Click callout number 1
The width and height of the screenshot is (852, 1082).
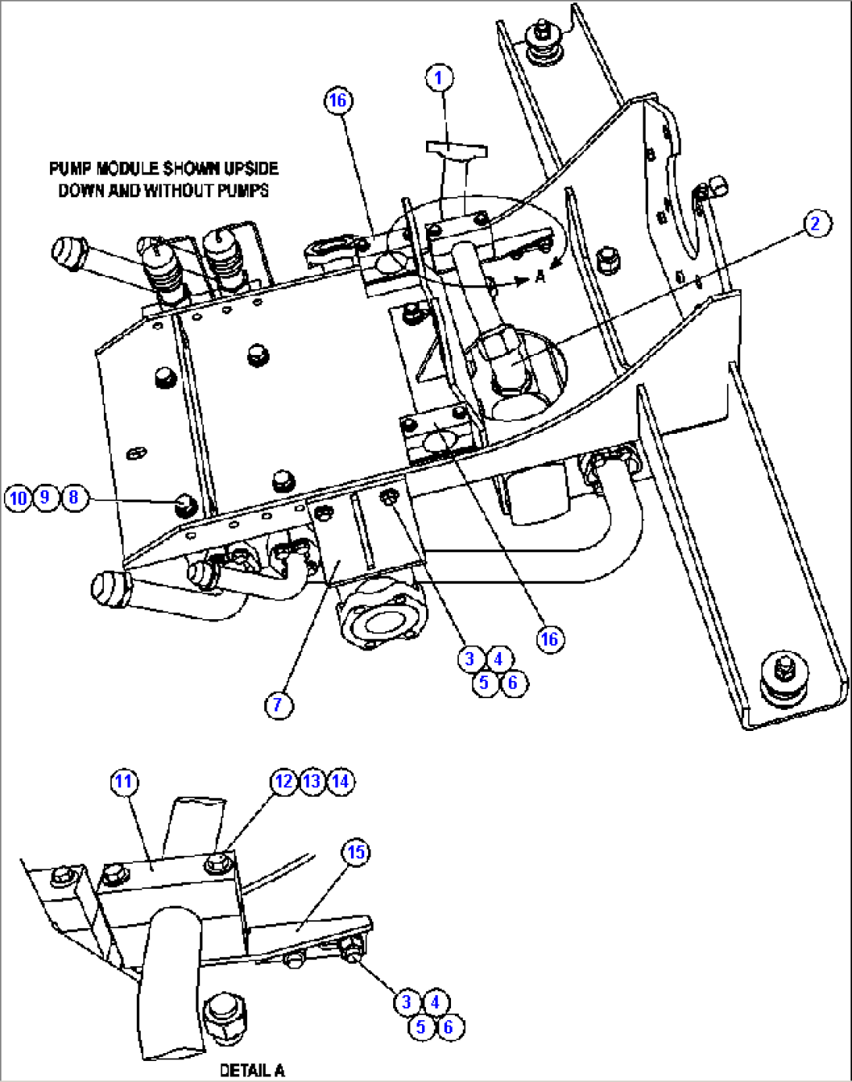click(439, 77)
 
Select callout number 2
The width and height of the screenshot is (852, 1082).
click(815, 224)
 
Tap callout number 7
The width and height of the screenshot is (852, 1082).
click(278, 704)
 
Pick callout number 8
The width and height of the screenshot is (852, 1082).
click(74, 497)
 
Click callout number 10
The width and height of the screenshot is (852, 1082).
click(17, 498)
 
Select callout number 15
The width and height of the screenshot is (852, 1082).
click(356, 851)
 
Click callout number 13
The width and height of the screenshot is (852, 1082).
click(312, 781)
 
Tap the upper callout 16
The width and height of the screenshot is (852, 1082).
click(337, 100)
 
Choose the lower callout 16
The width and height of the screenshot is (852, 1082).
click(550, 639)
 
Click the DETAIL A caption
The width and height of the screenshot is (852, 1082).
click(252, 1070)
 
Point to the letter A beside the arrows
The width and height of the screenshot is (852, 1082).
click(540, 277)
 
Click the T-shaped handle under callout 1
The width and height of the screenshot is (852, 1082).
click(456, 148)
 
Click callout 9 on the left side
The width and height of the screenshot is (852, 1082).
click(45, 497)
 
